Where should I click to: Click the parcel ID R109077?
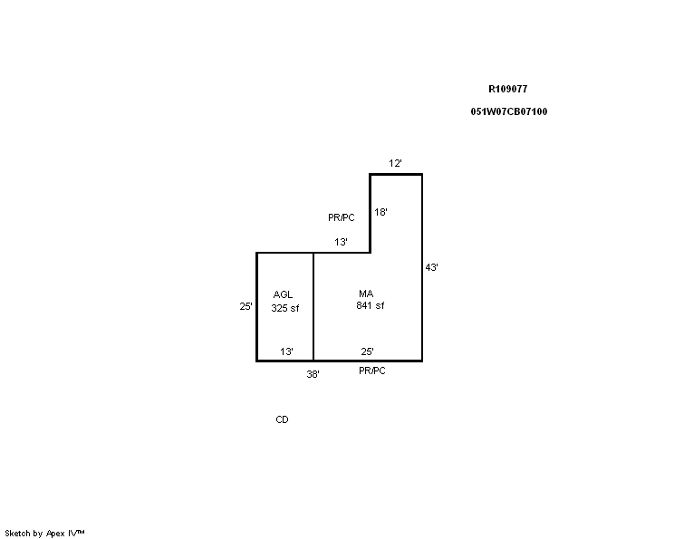507,89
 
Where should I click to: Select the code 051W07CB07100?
509,111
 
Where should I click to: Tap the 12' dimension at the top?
395,163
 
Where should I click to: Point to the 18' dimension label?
380,212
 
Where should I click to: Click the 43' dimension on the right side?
431,267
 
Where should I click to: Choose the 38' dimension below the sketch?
313,374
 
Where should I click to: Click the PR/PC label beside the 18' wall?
342,218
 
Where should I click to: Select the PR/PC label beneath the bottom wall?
372,371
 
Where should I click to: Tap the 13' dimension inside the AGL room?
286,351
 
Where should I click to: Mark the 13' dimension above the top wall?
341,242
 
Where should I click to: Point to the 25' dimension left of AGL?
246,306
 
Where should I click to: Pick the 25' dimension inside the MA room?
367,351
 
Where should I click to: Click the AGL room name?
283,294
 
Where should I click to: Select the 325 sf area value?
285,308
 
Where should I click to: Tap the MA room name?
366,294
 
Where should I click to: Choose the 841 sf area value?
371,305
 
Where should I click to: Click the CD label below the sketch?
282,419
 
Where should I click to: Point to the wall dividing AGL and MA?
313,306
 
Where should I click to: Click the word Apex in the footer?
55,534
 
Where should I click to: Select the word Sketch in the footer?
17,534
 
